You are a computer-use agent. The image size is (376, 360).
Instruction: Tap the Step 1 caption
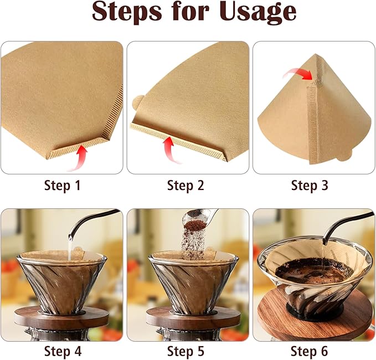[62, 186]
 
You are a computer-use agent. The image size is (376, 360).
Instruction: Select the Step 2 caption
[186, 186]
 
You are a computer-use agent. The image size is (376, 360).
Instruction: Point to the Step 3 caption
[310, 186]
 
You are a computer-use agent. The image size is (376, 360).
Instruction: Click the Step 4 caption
[62, 351]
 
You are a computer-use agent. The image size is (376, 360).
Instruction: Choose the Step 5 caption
[186, 351]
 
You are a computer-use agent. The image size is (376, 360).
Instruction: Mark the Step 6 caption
[310, 351]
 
